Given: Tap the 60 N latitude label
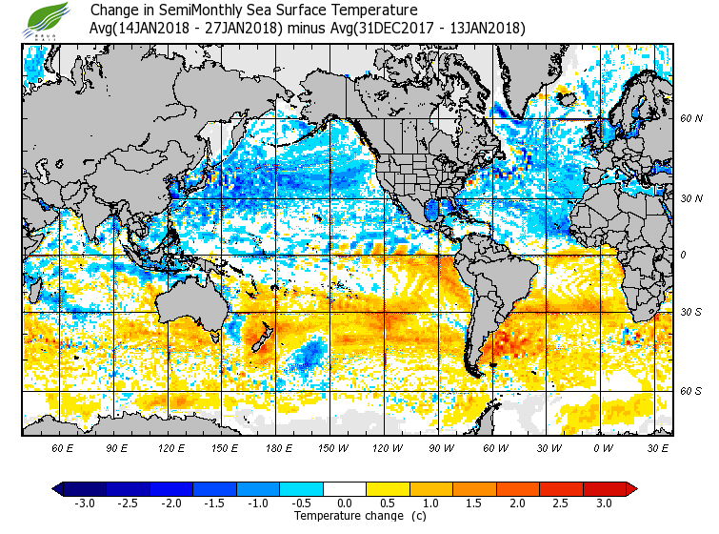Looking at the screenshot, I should click(x=691, y=118).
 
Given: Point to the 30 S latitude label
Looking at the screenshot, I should click(x=691, y=313).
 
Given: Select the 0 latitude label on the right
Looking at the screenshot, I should click(x=682, y=256).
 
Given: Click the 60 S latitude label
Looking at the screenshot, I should click(x=691, y=391).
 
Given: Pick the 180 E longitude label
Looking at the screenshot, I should click(x=278, y=446).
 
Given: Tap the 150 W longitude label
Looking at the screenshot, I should click(x=332, y=446).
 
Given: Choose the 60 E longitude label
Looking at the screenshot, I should click(x=63, y=446).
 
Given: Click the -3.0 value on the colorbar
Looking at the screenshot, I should click(x=84, y=503).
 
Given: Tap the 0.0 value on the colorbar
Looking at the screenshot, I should click(x=346, y=503).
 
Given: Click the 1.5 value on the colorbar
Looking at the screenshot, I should click(x=475, y=503).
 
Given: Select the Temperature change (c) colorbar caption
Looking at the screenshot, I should click(x=346, y=516).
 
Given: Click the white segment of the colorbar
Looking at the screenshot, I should click(x=346, y=488).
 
